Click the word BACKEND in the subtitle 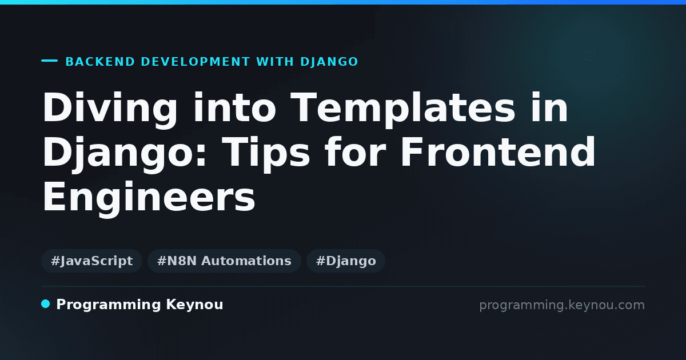(x=100, y=62)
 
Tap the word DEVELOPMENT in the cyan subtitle (x=196, y=62)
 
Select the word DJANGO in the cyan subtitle (x=329, y=62)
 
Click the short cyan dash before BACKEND (x=49, y=61)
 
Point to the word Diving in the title (x=110, y=109)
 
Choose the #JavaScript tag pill (x=91, y=261)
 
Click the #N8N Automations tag (x=224, y=261)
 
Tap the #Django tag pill (x=346, y=261)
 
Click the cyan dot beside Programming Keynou (x=45, y=304)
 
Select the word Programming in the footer (x=109, y=305)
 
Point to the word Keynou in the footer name (x=194, y=305)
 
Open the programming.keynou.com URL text (x=562, y=306)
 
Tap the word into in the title (x=234, y=108)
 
